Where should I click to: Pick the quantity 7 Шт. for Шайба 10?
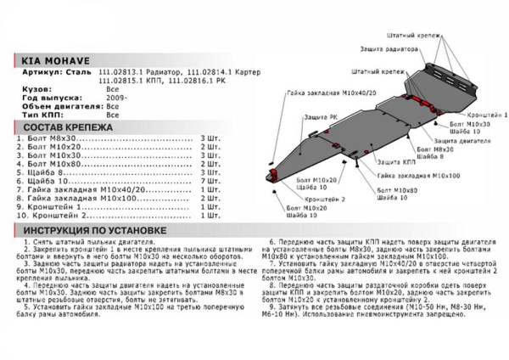coord(210,182)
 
